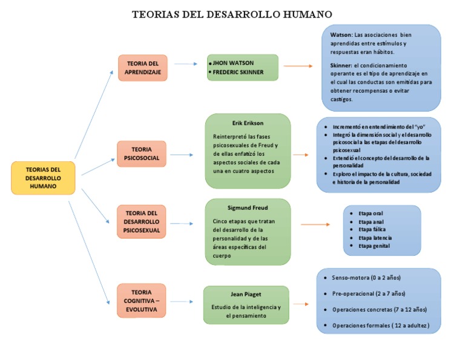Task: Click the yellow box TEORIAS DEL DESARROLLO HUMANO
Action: pos(43,178)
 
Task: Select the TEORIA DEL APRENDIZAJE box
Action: pos(142,68)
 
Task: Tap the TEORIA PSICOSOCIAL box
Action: pos(141,153)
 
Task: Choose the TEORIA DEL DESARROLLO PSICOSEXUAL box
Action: pos(141,222)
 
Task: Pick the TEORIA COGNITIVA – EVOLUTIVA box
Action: pos(141,301)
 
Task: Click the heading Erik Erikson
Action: pos(248,122)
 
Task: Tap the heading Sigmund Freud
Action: pos(248,207)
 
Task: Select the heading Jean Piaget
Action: pos(246,294)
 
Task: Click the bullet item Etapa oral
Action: pos(371,213)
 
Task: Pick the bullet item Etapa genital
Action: pos(374,246)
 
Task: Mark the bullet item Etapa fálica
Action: pos(372,230)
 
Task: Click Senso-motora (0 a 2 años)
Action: pos(366,278)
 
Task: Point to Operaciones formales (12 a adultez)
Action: pos(381,326)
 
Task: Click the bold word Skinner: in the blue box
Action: pos(341,65)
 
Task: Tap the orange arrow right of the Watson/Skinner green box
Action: pos(298,66)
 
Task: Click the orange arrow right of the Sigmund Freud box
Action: pos(315,225)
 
